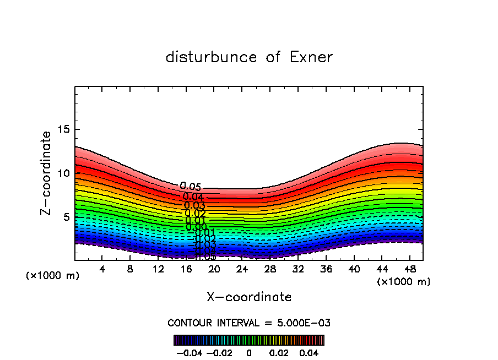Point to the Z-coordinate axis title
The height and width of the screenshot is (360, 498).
pos(46,173)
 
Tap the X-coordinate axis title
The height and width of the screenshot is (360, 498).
pos(249,297)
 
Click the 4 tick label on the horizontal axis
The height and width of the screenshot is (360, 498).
pos(102,269)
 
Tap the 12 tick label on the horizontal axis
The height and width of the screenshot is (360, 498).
pos(158,269)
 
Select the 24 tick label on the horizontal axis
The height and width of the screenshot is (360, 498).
pos(242,269)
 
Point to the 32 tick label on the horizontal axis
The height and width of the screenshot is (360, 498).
pos(298,269)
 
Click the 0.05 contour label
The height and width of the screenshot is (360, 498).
pos(191,187)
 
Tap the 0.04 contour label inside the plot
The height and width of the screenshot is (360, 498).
pos(193,197)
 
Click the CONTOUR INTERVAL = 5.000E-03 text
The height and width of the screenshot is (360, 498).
pos(249,323)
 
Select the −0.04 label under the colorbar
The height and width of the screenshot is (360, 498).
pos(188,352)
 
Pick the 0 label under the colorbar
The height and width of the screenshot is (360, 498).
pos(249,352)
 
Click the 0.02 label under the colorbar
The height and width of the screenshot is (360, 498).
pos(279,352)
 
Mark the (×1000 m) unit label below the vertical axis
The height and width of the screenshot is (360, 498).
pos(52,276)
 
